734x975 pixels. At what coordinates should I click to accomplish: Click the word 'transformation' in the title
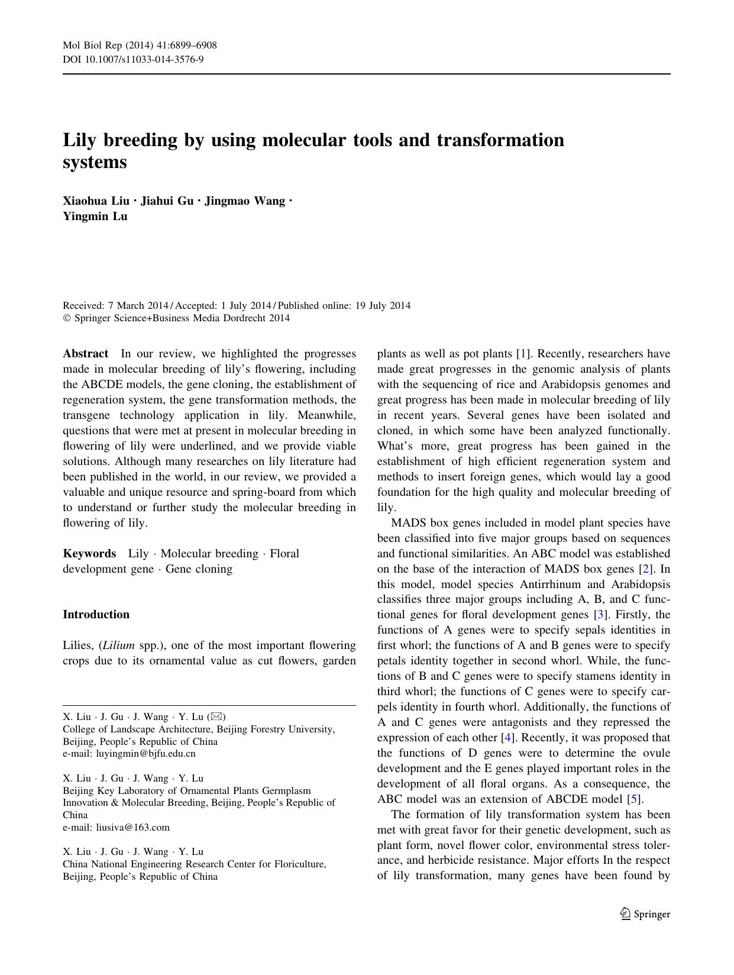pyautogui.click(x=500, y=140)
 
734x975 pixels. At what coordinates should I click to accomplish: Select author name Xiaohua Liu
pyautogui.click(x=96, y=201)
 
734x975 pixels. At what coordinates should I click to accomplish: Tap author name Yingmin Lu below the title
pyautogui.click(x=95, y=216)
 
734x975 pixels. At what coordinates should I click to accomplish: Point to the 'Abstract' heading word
pyautogui.click(x=86, y=354)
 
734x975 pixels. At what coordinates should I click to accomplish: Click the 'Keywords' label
pyautogui.click(x=89, y=554)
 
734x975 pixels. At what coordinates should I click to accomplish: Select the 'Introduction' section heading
pyautogui.click(x=96, y=614)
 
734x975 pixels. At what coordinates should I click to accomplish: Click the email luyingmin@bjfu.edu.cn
pyautogui.click(x=145, y=754)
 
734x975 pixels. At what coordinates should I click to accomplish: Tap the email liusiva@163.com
pyautogui.click(x=132, y=827)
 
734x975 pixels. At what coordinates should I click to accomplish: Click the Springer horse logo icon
pyautogui.click(x=625, y=914)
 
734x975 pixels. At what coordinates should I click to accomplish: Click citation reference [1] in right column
pyautogui.click(x=522, y=354)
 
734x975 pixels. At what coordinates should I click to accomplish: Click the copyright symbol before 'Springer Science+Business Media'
pyautogui.click(x=66, y=318)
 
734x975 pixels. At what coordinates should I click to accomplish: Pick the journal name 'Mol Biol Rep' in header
pyautogui.click(x=89, y=46)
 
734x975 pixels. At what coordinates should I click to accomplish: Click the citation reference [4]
pyautogui.click(x=507, y=738)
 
